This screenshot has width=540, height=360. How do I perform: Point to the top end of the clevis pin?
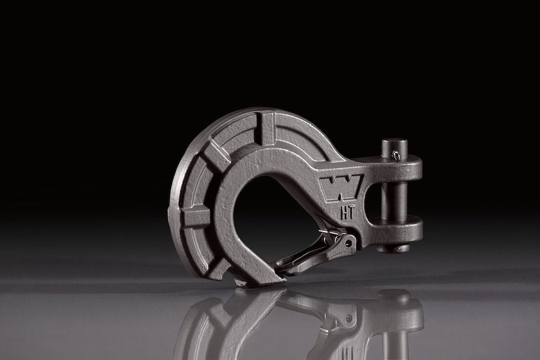394,141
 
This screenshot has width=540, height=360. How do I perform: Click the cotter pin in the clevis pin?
396,156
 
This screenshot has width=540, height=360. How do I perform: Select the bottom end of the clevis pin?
393,248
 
